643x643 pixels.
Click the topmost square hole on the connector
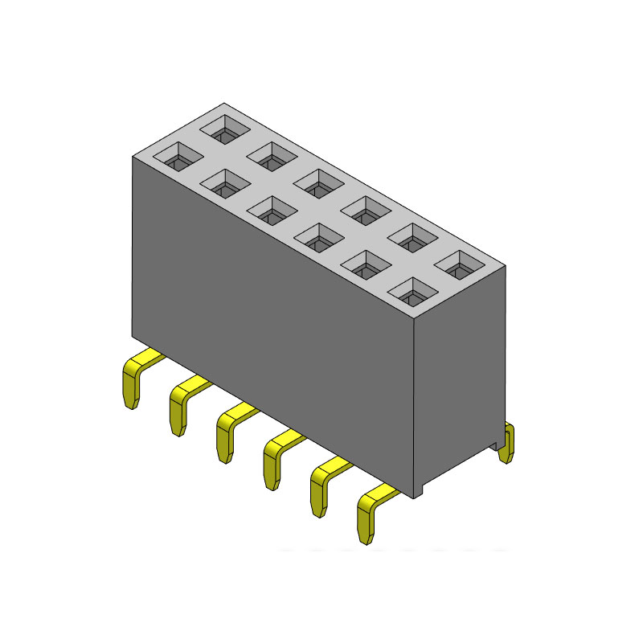(224, 128)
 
